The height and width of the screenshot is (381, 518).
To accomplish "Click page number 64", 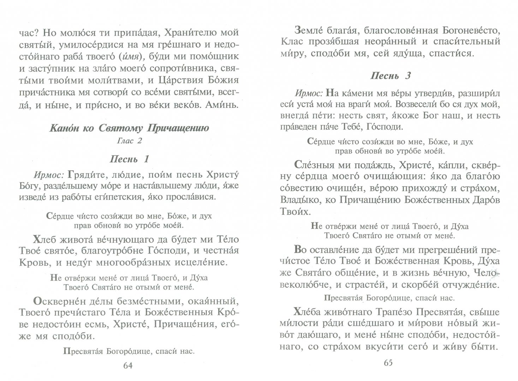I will tap(128, 365).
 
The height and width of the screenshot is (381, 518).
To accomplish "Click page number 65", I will tap(388, 363).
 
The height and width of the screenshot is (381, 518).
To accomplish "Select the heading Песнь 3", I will tap(391, 75).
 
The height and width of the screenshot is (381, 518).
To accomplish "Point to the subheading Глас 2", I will tap(129, 141).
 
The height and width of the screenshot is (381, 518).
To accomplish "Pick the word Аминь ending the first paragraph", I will tap(224, 105).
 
